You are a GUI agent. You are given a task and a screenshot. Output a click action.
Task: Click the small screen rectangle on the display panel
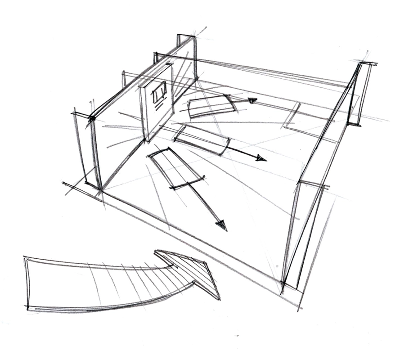click(x=158, y=92)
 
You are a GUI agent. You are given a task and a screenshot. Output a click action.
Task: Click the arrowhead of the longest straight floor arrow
click(x=221, y=225)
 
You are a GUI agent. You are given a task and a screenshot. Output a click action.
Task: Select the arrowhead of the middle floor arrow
click(x=261, y=158)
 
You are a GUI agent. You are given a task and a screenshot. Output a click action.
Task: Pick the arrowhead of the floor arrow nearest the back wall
click(x=252, y=101)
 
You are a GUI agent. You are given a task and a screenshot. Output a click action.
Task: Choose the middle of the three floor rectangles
click(x=201, y=139)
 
